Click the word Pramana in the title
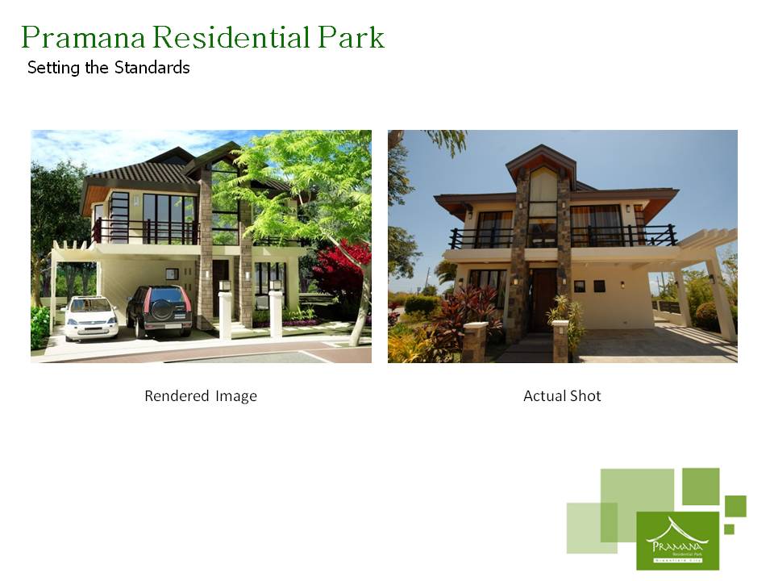click(81, 38)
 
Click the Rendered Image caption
click(201, 396)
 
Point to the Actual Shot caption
click(562, 396)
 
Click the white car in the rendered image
click(91, 316)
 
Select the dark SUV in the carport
click(159, 311)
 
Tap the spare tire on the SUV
click(160, 307)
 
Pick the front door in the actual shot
click(542, 299)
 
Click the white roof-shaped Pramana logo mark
click(676, 530)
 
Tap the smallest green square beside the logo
click(729, 529)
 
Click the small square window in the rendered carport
click(171, 274)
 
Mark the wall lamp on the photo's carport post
click(711, 278)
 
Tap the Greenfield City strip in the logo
click(677, 558)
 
